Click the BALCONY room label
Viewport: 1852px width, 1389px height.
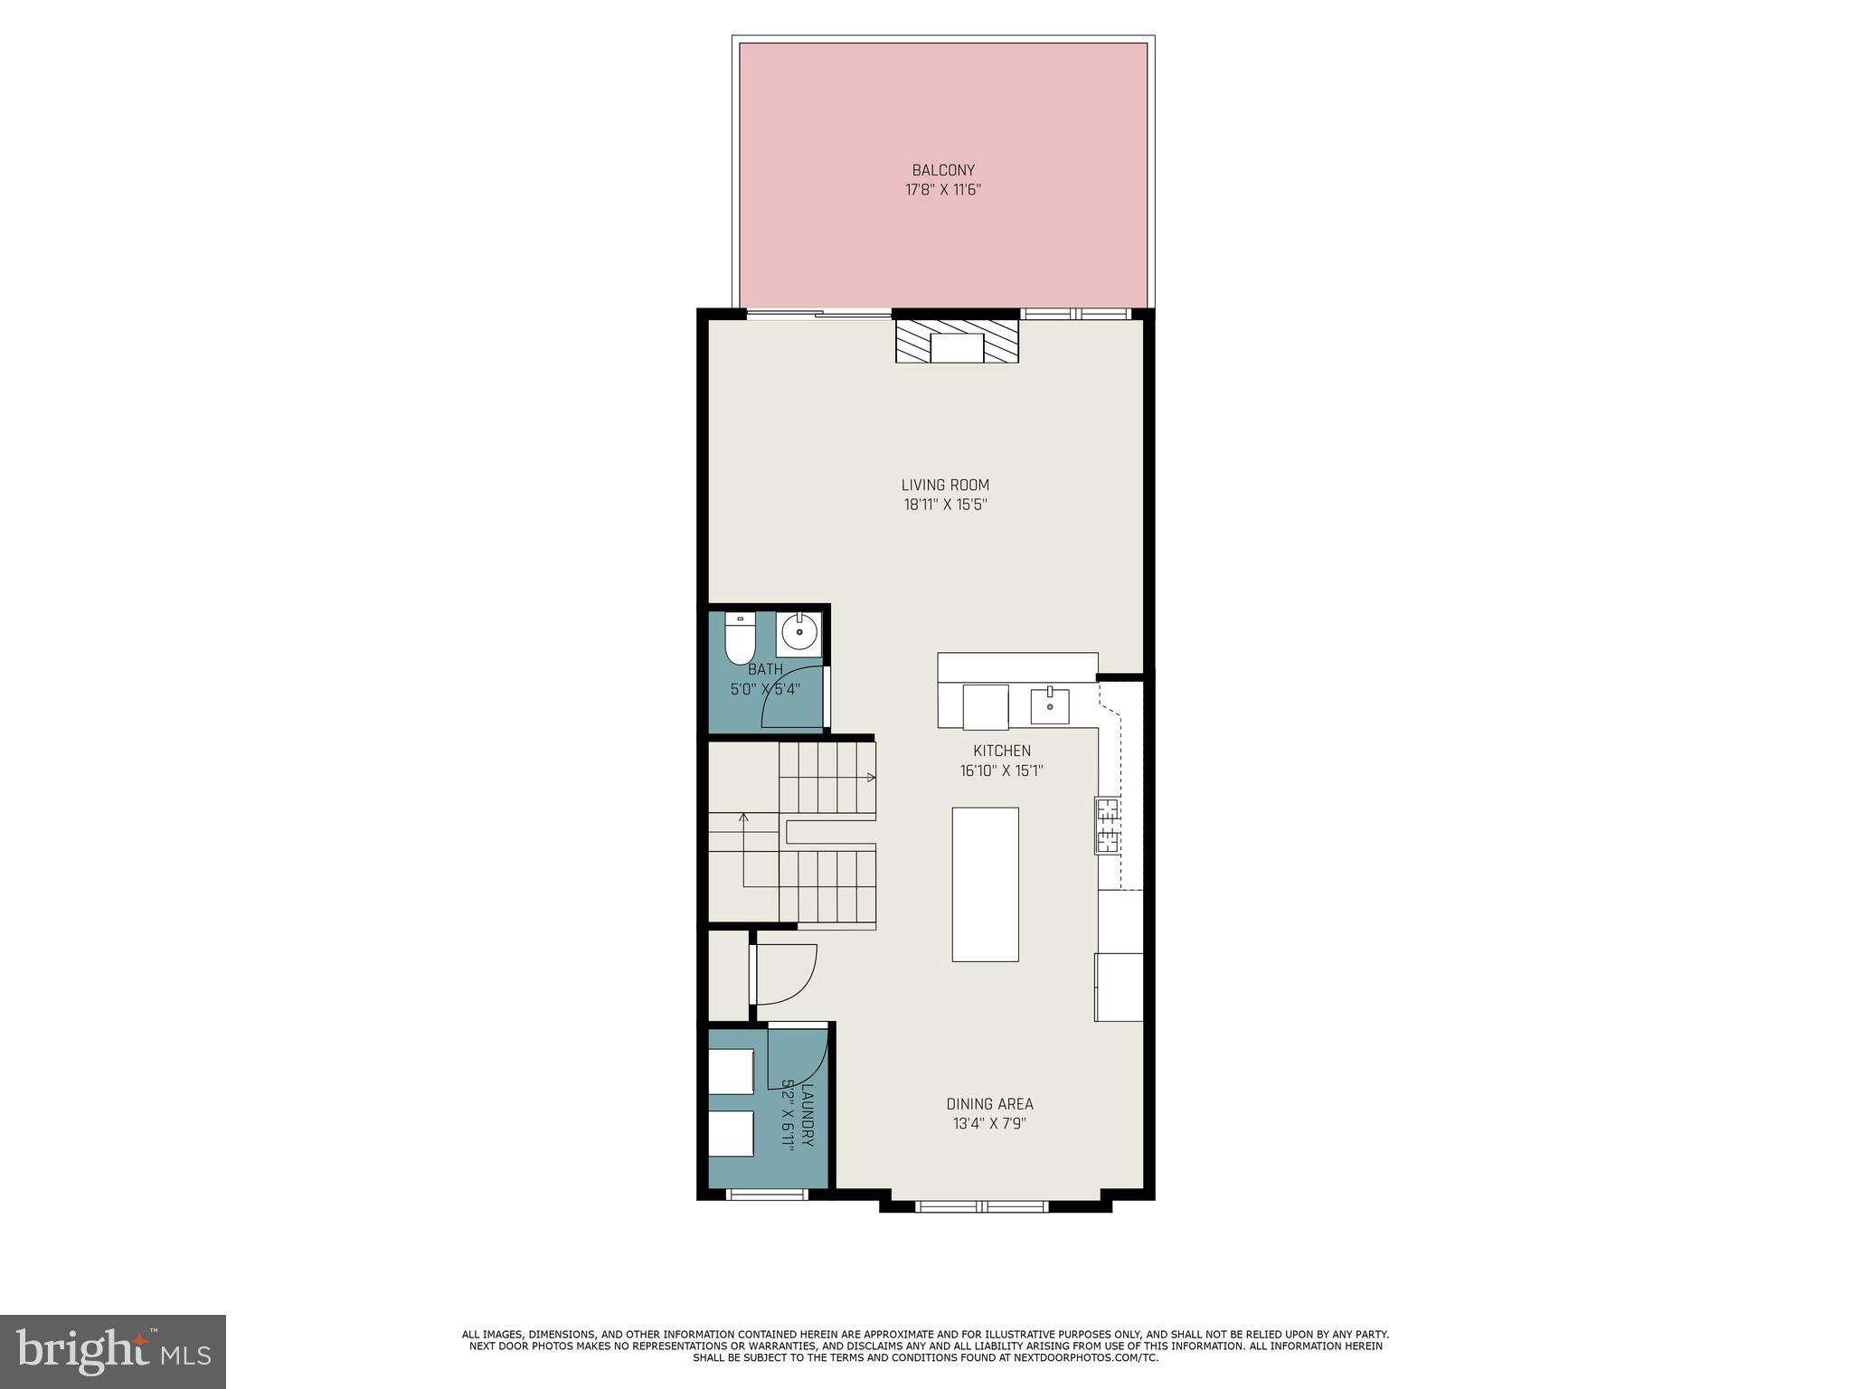coord(943,170)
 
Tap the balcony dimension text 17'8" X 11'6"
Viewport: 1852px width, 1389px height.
coord(943,190)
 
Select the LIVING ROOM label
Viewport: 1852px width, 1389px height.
coord(945,485)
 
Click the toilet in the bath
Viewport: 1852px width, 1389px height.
coord(739,638)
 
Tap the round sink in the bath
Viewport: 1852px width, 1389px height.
coord(798,632)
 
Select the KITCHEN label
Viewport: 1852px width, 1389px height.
coord(1001,751)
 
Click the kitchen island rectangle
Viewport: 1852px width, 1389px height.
coord(985,883)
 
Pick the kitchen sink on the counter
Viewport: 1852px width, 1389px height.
coord(1050,706)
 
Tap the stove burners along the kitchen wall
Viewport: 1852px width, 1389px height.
coord(1108,826)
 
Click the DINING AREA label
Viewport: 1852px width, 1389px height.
coord(989,1104)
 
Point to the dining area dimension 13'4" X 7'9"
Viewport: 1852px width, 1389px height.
coord(989,1124)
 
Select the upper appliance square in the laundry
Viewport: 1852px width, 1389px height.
coord(731,1072)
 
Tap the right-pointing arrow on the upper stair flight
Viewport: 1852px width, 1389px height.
coord(870,778)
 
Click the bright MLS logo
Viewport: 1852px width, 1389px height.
coord(113,1351)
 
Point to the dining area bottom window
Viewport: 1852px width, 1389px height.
coord(981,1205)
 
